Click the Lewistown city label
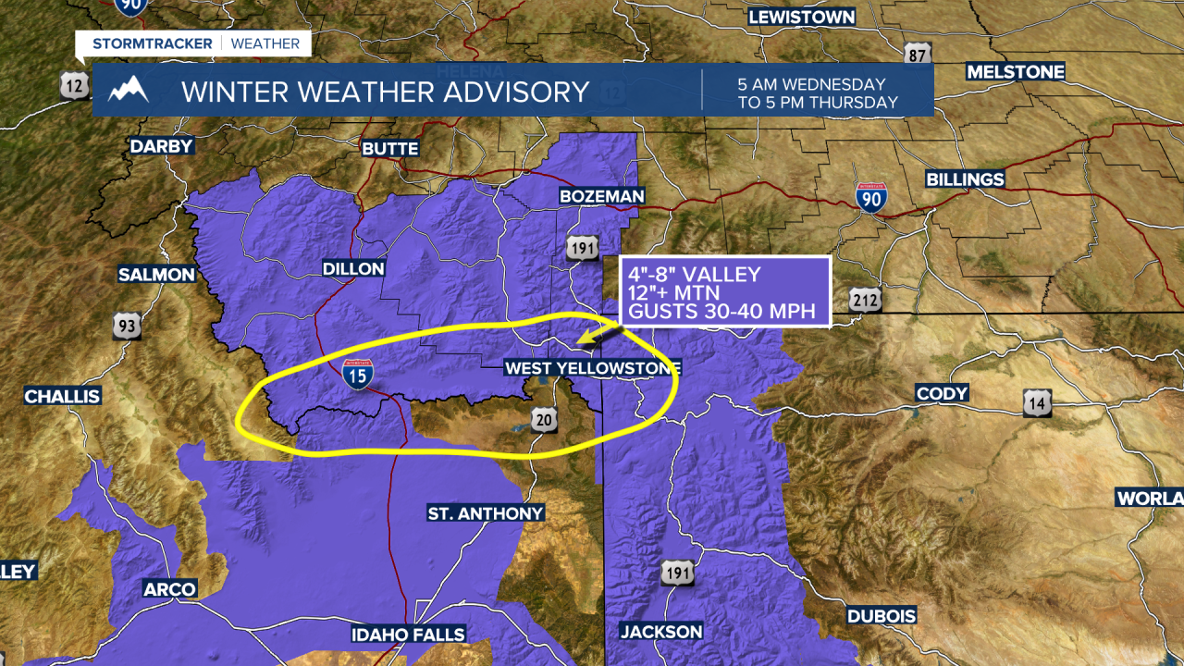801,17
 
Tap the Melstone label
1015,71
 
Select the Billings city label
965,179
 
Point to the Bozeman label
601,196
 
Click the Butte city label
390,148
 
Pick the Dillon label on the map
352,268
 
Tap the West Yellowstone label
592,368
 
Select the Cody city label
942,393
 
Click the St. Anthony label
485,512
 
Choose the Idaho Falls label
408,635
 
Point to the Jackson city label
660,632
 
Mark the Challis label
62,396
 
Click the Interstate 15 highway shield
358,374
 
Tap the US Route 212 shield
867,300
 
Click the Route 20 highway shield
545,421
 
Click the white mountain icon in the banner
128,91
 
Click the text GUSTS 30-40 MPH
721,312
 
